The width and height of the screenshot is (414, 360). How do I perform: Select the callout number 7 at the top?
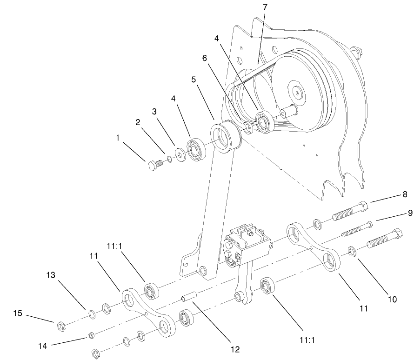tap(265, 7)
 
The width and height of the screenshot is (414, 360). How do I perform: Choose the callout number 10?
tap(392, 299)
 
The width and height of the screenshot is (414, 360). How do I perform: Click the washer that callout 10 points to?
tap(353, 252)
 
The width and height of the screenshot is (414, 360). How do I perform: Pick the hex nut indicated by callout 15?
tap(60, 326)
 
